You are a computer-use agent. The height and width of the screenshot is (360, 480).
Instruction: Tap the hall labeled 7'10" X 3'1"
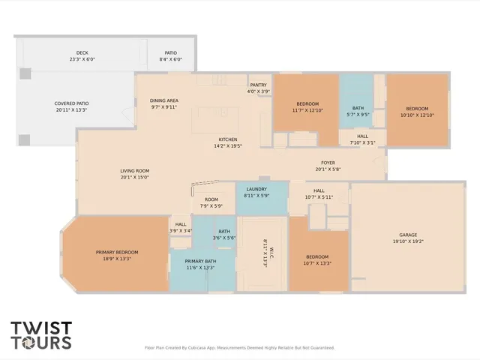[x=362, y=139]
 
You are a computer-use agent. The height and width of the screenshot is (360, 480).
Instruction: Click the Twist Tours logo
[x=41, y=334]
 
